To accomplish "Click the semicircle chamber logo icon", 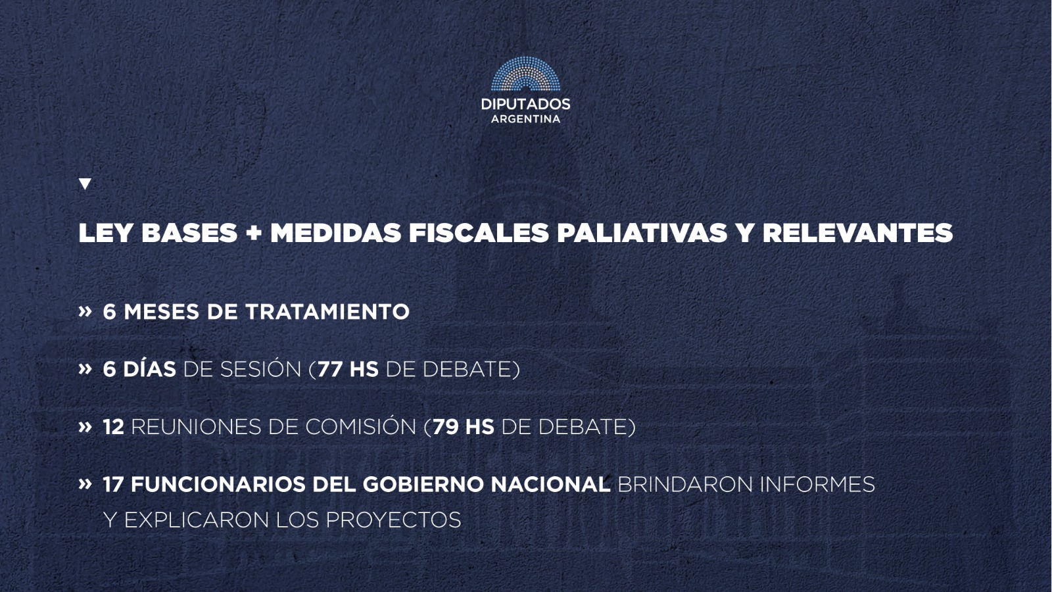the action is point(525,75).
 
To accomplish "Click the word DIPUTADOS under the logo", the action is point(525,104).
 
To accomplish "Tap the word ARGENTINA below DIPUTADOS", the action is point(525,119).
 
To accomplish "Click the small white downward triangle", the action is point(85,184).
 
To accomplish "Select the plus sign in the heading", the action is point(253,233).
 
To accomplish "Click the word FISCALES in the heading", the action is point(479,233).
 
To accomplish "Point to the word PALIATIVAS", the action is point(642,233).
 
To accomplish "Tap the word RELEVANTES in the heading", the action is point(857,233).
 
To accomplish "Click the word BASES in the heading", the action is point(189,233).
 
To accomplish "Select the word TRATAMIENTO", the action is point(327,312).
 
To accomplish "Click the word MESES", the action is point(162,312).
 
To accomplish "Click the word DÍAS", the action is point(149,368).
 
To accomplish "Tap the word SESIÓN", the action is point(260,368).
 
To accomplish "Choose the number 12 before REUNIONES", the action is point(114,427).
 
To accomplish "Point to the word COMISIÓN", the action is point(361,426).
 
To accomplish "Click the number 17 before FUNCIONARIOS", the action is point(113,485).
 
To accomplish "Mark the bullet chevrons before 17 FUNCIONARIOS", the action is point(85,484).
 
